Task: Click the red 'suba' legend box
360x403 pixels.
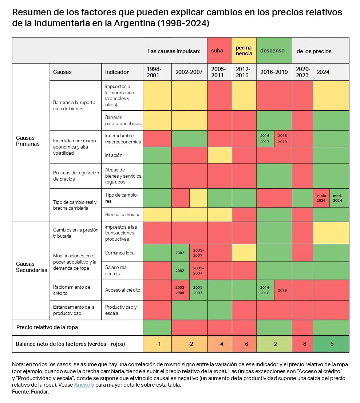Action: (x=219, y=51)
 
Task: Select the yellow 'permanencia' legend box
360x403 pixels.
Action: (x=244, y=51)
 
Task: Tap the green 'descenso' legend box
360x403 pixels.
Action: (x=274, y=51)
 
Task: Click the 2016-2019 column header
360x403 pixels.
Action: (x=274, y=72)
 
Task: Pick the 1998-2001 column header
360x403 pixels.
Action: (x=157, y=72)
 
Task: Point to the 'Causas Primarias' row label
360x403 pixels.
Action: (x=28, y=141)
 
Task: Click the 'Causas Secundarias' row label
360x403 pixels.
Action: (x=32, y=267)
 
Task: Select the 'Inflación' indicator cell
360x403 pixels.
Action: (x=122, y=155)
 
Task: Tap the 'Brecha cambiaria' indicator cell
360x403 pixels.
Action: (x=122, y=214)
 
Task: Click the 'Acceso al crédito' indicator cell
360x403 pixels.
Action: (x=122, y=290)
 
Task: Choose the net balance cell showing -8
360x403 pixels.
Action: (x=302, y=344)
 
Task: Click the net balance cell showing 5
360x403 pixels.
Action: (x=331, y=344)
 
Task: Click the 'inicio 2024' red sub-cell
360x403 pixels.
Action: (x=321, y=198)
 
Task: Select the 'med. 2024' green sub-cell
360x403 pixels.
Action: (x=339, y=198)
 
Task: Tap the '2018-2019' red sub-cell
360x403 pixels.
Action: (x=283, y=139)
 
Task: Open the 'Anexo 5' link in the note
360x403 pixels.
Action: (x=84, y=385)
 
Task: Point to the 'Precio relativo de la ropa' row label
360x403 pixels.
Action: (x=47, y=327)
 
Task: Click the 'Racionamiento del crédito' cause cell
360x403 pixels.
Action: (x=75, y=290)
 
